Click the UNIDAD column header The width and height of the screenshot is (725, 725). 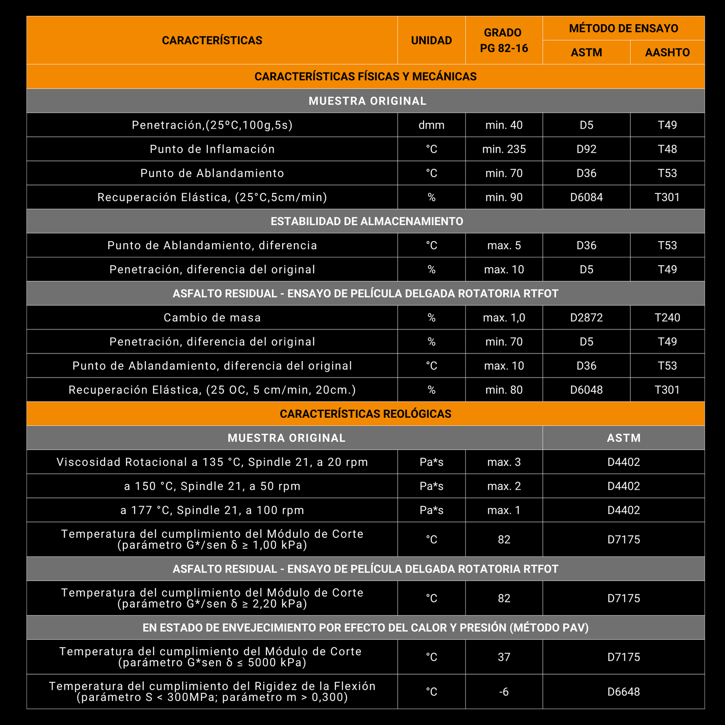coord(431,40)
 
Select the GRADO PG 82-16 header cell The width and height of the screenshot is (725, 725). coord(504,40)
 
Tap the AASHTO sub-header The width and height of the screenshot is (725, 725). coord(667,53)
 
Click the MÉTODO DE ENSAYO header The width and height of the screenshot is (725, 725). coord(623,29)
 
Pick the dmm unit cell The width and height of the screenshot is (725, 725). coord(431,125)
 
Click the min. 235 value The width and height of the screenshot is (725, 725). coord(504,149)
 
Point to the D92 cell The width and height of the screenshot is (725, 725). coord(586,149)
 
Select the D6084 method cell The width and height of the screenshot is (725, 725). coord(586,197)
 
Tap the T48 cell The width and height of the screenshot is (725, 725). coord(667,149)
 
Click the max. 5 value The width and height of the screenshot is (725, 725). coord(504,246)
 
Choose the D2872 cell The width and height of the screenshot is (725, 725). coord(586,318)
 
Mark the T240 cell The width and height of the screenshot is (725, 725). coord(667,318)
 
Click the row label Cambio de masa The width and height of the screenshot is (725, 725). coord(212,318)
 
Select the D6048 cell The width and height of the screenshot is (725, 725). coord(586,390)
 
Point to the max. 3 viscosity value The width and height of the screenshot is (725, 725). coord(504,462)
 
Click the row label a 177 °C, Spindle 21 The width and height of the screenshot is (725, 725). coord(212,510)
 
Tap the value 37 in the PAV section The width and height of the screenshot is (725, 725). coord(504,657)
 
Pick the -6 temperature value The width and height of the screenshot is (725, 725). coord(504,692)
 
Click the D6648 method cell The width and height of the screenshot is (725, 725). coord(623,692)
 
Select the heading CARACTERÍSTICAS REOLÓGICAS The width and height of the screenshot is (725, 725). coord(365,414)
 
